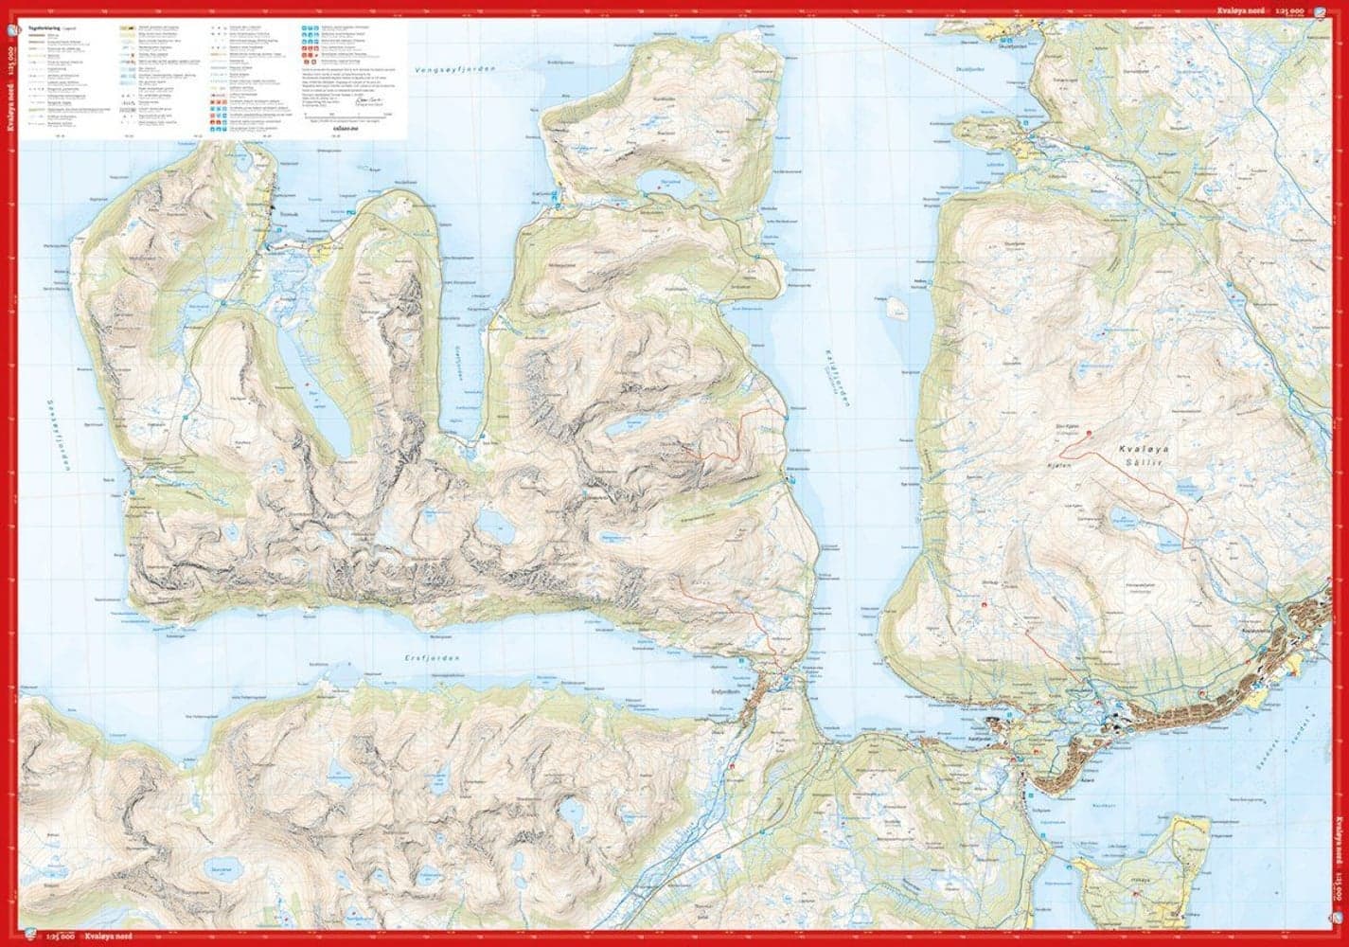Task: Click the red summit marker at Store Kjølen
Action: pyautogui.click(x=1089, y=433)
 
